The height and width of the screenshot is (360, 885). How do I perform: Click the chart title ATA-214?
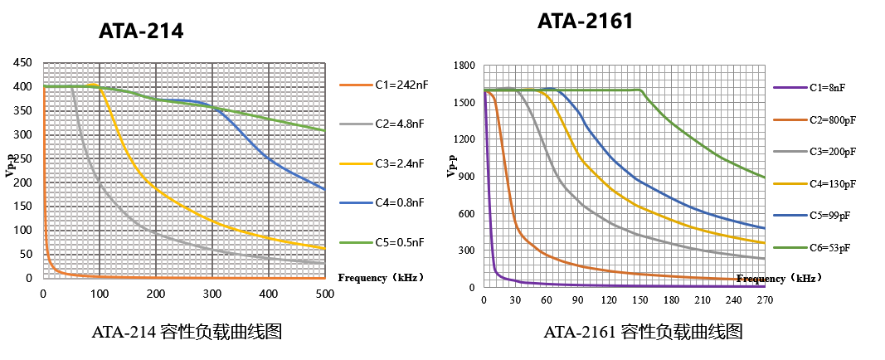pos(140,32)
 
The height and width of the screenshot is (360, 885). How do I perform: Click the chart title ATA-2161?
pos(585,22)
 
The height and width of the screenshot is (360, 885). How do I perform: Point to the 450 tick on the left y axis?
pos(22,62)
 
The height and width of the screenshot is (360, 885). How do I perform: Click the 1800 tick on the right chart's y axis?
pos(463,66)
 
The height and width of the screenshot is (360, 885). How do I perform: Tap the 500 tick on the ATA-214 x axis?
pos(324,294)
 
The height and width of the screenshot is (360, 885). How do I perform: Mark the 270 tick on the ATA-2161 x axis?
pos(765,300)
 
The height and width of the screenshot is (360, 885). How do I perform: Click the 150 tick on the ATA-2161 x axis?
pos(639,300)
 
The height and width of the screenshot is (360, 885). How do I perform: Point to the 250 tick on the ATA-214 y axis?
pos(22,158)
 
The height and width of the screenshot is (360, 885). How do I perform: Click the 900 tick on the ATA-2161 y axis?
pos(466,177)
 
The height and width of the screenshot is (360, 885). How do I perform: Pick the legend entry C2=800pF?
pos(829,119)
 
